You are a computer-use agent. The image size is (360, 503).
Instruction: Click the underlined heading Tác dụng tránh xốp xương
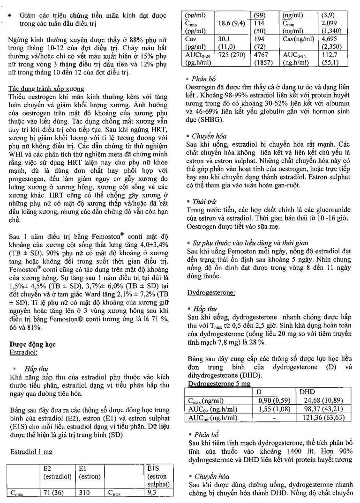tap(47, 89)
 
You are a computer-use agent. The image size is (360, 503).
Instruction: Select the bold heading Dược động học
tap(32, 344)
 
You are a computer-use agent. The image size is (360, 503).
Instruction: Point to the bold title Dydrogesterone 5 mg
tap(219, 384)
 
